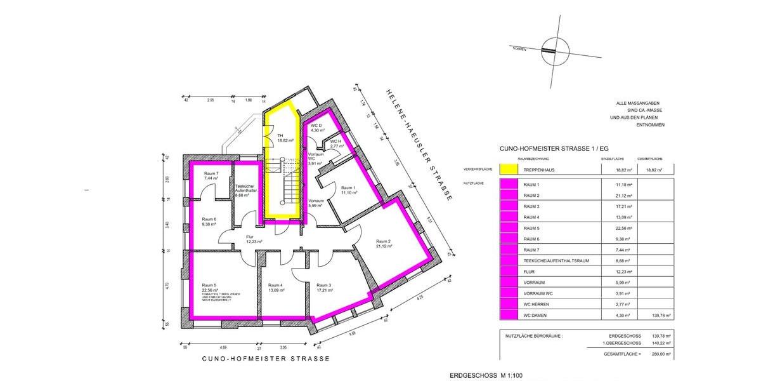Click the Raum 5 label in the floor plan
[210, 285]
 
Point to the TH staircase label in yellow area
[280, 135]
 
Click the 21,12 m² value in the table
[610, 195]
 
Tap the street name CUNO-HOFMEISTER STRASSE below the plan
[265, 359]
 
